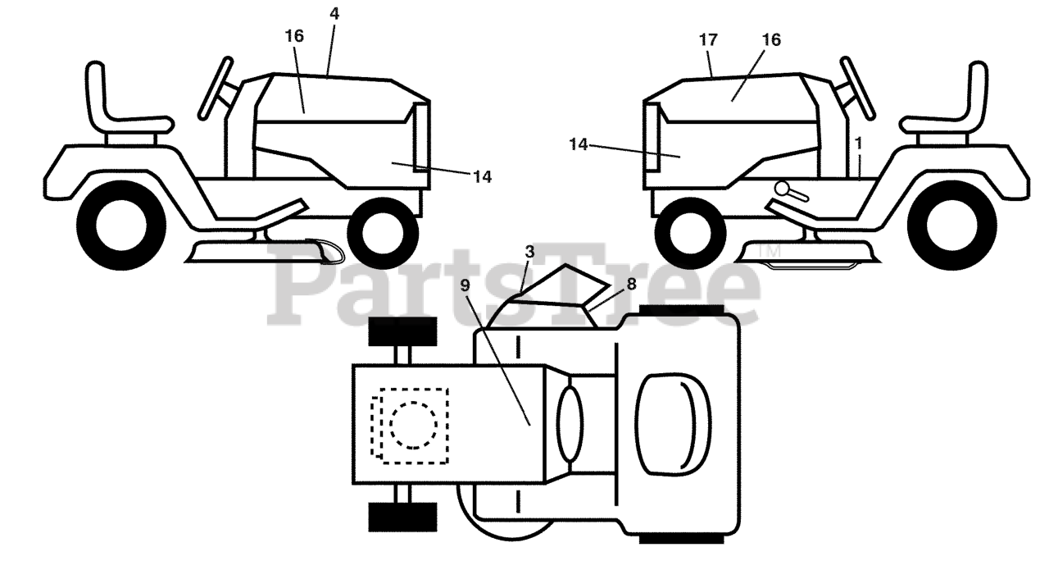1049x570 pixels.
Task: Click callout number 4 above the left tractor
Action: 334,14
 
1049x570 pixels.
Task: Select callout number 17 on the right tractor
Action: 708,39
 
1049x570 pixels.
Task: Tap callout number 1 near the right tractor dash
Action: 858,142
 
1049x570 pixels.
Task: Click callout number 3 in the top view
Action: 531,249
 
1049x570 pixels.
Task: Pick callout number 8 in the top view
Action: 631,285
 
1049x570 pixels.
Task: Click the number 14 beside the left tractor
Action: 482,176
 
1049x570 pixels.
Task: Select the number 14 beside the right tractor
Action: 579,144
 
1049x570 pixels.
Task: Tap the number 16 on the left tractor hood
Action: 294,36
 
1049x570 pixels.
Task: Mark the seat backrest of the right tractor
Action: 977,95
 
